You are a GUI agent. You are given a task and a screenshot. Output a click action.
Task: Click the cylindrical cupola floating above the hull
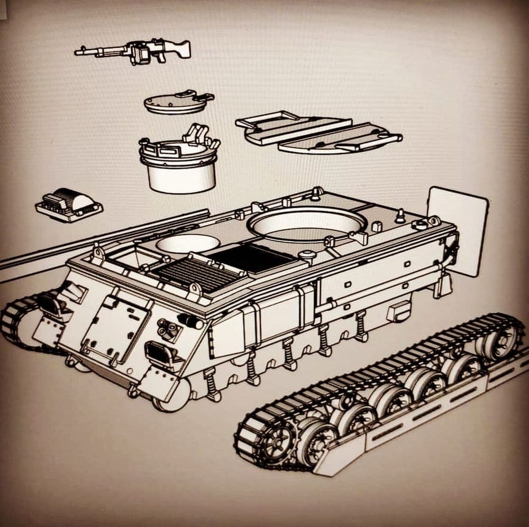[180, 164]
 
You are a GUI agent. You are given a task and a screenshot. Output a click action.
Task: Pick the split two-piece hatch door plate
[317, 131]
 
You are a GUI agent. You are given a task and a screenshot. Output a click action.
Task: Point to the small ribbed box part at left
[69, 205]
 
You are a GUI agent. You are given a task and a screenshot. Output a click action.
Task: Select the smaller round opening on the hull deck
[188, 243]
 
